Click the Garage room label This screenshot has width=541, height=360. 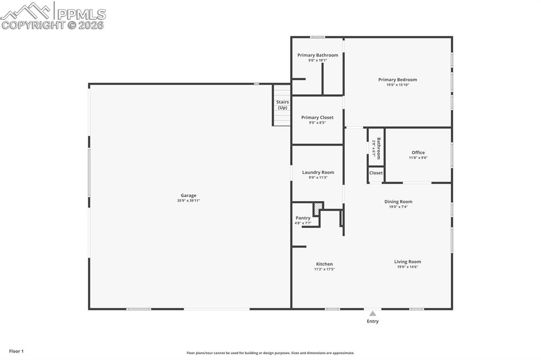coord(188,195)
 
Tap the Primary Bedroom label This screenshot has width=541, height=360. coord(397,80)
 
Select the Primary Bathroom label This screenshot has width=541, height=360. coord(318,55)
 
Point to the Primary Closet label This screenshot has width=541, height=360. coord(317,117)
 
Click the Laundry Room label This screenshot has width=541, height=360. coord(318,172)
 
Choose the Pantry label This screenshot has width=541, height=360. coord(303,217)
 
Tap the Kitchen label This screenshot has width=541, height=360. coord(324,264)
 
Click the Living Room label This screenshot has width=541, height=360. coord(407,261)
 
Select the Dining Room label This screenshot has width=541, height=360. coord(398,202)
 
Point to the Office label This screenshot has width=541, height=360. coord(418,153)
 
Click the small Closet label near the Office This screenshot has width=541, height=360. coord(376,173)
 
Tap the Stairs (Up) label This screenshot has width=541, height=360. coord(282,105)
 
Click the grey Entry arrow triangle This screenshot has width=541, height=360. coord(372,314)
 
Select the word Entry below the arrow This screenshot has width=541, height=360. coord(372,321)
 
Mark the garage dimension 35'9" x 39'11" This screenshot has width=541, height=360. coord(188,201)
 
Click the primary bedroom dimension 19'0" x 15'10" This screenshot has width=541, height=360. coord(397,85)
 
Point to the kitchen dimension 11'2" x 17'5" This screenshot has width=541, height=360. coord(324,269)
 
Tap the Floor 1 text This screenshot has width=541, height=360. coord(16,351)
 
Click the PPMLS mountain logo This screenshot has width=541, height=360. coord(26,11)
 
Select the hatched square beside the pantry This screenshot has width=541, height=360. coord(317,210)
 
